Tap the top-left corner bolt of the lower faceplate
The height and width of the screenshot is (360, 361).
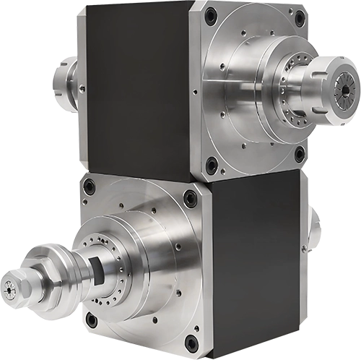click(88, 187)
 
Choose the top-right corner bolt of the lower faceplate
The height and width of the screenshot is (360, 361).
click(190, 194)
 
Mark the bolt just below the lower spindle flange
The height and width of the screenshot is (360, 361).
click(92, 319)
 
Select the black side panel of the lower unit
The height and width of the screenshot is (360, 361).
click(253, 260)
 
